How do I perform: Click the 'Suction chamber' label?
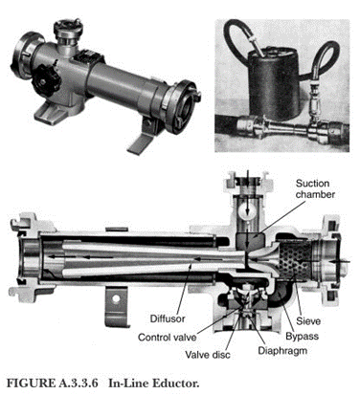[315, 189]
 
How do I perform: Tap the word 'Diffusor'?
[168, 318]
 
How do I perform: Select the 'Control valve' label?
[168, 337]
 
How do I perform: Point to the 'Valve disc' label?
[208, 354]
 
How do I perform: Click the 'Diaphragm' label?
[282, 351]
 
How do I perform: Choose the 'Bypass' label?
[302, 336]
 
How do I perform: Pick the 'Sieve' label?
[308, 320]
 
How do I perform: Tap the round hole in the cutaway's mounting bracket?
[116, 298]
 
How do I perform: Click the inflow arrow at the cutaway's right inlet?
[340, 261]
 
